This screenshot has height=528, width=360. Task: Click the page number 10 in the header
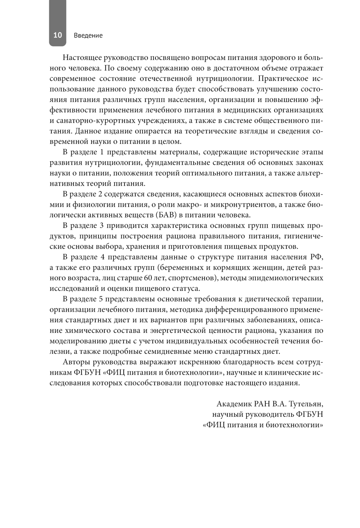(58, 35)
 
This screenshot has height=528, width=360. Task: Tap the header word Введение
(88, 35)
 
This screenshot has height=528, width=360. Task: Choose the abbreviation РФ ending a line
(316, 257)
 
